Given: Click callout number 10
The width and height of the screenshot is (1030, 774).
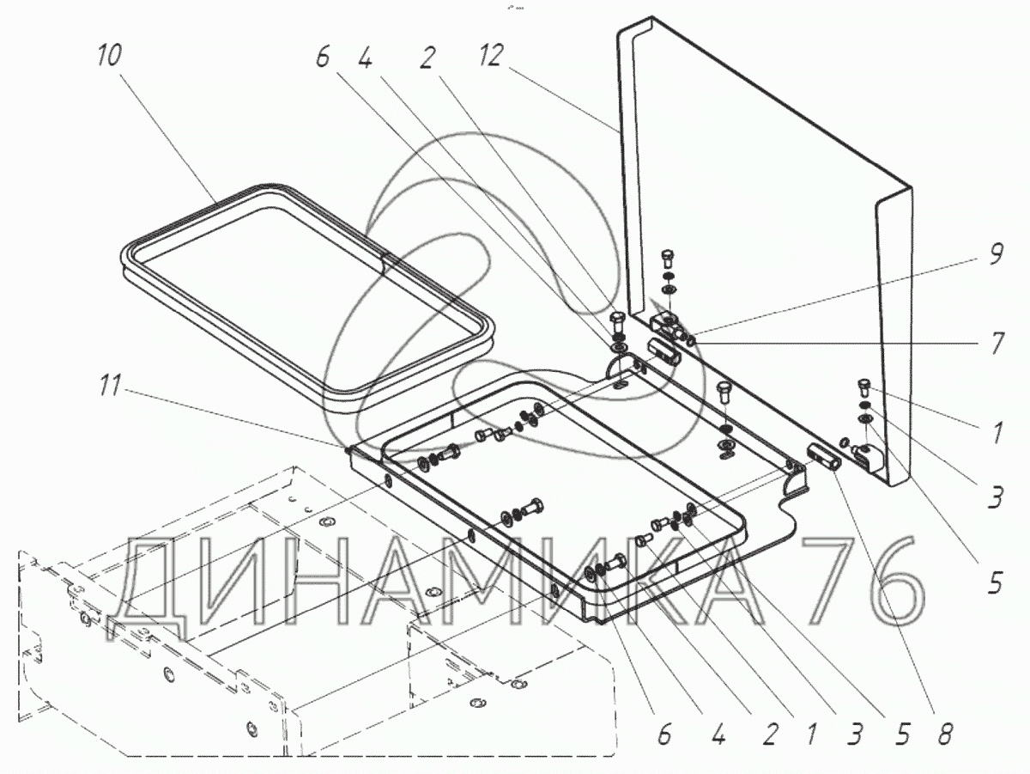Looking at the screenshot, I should [109, 56].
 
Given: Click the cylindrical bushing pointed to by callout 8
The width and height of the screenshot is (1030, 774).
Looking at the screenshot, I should [823, 455].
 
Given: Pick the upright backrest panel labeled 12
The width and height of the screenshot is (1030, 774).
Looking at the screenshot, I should [755, 215].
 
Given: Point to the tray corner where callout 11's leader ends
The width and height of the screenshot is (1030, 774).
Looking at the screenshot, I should [348, 448].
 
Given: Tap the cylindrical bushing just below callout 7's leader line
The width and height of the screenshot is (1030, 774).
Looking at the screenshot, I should [663, 351].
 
